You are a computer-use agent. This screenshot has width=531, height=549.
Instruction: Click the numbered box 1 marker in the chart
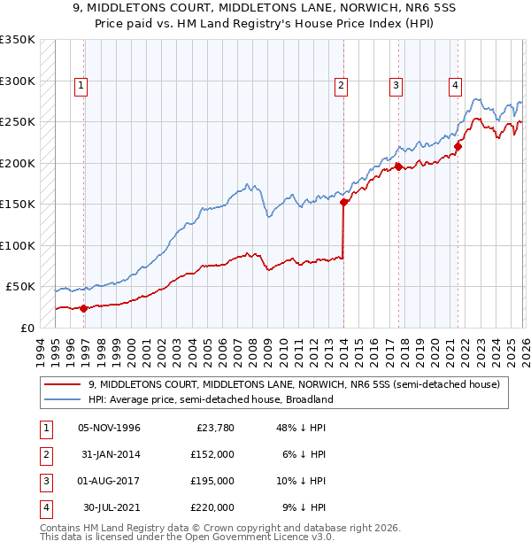pyautogui.click(x=81, y=86)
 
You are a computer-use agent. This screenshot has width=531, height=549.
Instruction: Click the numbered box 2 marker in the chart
pyautogui.click(x=341, y=86)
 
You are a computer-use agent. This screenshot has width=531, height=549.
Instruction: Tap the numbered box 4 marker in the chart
pyautogui.click(x=455, y=86)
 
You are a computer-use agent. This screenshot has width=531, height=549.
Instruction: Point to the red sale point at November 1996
pyautogui.click(x=84, y=308)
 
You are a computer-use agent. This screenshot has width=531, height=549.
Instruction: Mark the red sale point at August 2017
pyautogui.click(x=398, y=166)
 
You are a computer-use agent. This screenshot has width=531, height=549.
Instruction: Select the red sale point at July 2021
pyautogui.click(x=458, y=146)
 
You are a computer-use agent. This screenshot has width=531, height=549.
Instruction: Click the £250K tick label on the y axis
pyautogui.click(x=18, y=121)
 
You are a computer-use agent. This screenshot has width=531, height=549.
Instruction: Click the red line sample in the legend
pyautogui.click(x=63, y=384)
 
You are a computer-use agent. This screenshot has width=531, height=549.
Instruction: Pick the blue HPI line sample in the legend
pyautogui.click(x=63, y=399)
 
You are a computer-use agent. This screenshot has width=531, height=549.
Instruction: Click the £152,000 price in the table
pyautogui.click(x=212, y=455)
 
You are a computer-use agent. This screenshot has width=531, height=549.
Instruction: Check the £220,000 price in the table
pyautogui.click(x=212, y=508)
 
